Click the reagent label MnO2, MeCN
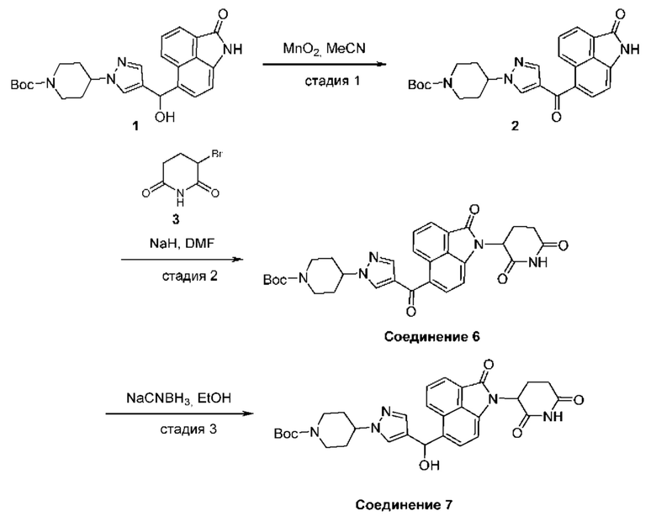point(325,49)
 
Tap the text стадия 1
point(332,81)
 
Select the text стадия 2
point(189,276)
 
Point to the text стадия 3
point(188,429)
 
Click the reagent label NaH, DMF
point(182,243)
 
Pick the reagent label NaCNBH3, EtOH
point(178,398)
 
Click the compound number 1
point(135,125)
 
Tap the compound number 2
point(515,125)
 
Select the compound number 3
point(176,219)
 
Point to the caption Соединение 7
point(404,505)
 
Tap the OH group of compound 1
point(164,117)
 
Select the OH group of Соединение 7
point(430,465)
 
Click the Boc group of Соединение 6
point(275,280)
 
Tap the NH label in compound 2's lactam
point(630,50)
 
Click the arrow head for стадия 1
point(380,64)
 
